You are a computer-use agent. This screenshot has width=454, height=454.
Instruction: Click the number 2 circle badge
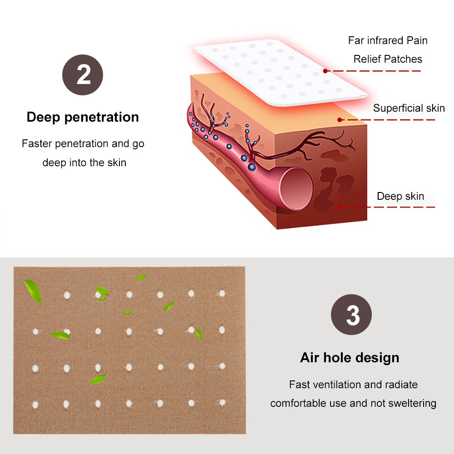click(x=83, y=75)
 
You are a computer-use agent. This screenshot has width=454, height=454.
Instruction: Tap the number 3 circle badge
click(x=351, y=315)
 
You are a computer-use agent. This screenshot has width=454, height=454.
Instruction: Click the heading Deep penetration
click(x=83, y=117)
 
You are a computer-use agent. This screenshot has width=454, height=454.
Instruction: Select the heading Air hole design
click(x=350, y=357)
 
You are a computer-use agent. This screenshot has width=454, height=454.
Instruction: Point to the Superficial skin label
click(x=409, y=108)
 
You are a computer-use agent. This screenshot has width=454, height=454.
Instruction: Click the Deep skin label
click(x=400, y=196)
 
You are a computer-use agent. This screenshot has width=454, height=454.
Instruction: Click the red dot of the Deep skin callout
click(x=340, y=207)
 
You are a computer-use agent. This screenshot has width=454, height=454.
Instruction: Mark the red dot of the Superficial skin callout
click(x=340, y=120)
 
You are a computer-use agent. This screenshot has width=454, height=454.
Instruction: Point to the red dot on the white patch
click(x=326, y=71)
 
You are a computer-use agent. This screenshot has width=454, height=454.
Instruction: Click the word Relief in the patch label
click(x=367, y=59)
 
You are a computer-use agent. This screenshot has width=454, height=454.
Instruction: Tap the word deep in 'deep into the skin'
click(x=54, y=163)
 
